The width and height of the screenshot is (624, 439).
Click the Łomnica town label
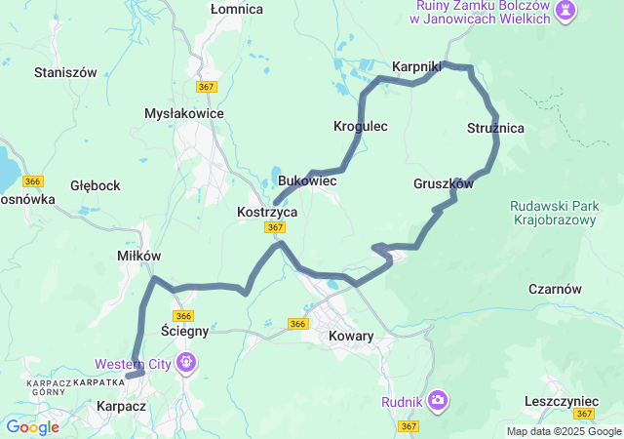tap(237, 9)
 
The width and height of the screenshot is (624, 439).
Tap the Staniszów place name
tap(65, 72)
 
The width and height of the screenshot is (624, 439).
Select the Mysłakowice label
tap(184, 113)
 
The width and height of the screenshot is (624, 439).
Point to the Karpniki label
tap(417, 66)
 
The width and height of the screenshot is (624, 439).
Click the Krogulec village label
tap(361, 126)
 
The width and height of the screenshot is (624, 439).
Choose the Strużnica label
tap(495, 128)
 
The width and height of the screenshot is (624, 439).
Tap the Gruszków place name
tap(443, 183)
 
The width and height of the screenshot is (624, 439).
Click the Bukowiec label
tap(307, 181)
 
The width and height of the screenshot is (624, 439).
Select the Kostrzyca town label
tap(267, 211)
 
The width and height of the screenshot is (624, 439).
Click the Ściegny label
tap(184, 331)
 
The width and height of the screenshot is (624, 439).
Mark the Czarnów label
tap(555, 289)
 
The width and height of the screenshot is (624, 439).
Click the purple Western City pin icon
tap(186, 365)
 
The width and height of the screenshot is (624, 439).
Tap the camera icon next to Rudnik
tap(439, 399)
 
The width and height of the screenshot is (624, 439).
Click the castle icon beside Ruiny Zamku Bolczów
tap(565, 11)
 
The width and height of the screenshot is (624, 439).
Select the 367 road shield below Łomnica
tap(206, 87)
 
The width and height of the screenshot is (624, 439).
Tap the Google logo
tap(32, 426)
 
